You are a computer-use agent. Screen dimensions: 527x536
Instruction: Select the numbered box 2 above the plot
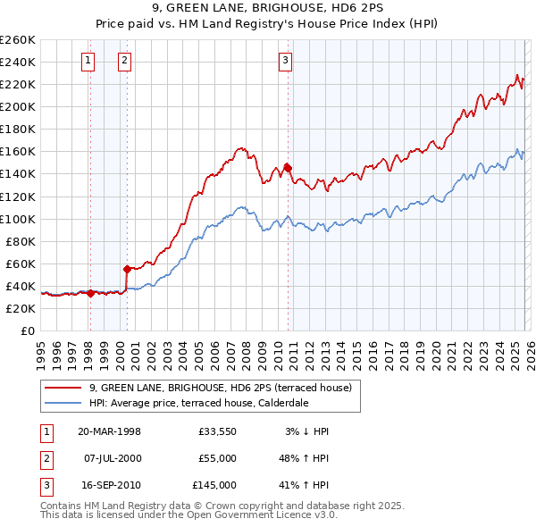click(124, 61)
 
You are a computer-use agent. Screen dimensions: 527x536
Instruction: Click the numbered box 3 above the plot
click(285, 61)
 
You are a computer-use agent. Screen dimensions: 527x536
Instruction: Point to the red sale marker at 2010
click(288, 167)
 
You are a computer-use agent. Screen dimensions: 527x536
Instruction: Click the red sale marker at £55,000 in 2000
click(127, 268)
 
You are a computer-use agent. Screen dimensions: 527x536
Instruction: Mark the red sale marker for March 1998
click(90, 292)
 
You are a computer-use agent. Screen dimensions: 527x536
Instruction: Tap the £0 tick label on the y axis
click(27, 330)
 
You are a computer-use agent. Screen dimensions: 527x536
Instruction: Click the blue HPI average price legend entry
click(198, 403)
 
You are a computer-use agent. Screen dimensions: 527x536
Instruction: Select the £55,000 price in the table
click(218, 458)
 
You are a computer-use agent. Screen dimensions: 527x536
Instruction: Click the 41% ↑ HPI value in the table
click(305, 485)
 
